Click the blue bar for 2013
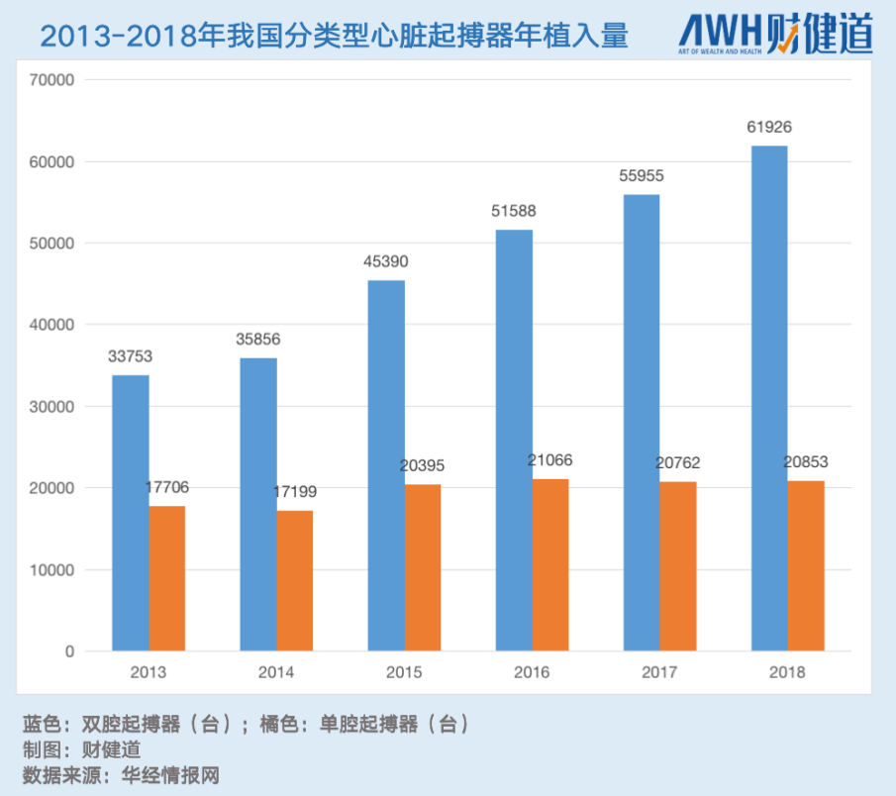pos(131,513)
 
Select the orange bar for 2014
pos(295,581)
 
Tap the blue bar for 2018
pos(769,398)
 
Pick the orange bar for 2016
pos(550,565)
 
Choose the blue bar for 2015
pos(386,465)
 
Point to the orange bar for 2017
pos(678,566)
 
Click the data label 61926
pos(769,127)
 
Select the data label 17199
pos(295,491)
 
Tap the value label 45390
pos(386,261)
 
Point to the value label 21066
pos(550,460)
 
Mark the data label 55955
pos(641,175)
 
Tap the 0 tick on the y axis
pos(69,651)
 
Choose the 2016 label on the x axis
pos(532,672)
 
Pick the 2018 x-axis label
pos(787,672)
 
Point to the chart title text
pos(334,37)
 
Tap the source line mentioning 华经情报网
pos(120,774)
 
